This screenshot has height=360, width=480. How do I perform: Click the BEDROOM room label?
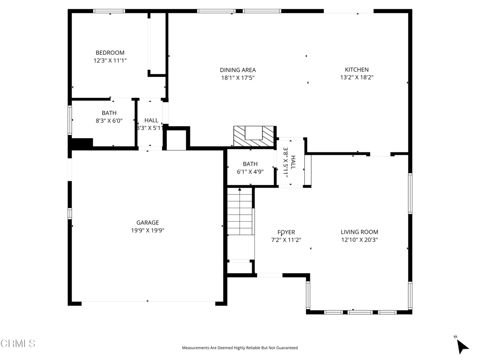coord(110,53)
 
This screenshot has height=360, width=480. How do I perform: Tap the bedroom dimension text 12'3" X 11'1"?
coord(110,60)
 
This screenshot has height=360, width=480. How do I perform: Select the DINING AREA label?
coord(238,70)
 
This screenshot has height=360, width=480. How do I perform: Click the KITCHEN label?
coord(356,70)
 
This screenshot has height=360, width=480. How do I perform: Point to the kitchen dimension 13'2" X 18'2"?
coord(356,78)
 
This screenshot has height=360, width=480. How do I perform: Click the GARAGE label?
coord(148,223)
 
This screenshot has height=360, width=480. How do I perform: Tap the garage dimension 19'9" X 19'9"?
coord(148,230)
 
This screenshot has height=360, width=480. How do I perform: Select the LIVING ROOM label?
coord(359,232)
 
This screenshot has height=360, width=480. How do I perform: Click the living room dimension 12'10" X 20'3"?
coord(359,240)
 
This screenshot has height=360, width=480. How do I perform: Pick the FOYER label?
coord(286,232)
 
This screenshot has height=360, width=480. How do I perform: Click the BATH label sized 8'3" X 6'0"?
coord(109,113)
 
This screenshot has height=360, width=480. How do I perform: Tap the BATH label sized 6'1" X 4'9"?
coord(250,164)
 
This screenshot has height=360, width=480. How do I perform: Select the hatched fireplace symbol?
coord(254,136)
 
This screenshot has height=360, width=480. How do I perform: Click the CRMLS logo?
coord(18,344)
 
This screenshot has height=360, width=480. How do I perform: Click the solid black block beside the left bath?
coord(82,142)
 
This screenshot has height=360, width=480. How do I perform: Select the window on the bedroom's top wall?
coord(109,11)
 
